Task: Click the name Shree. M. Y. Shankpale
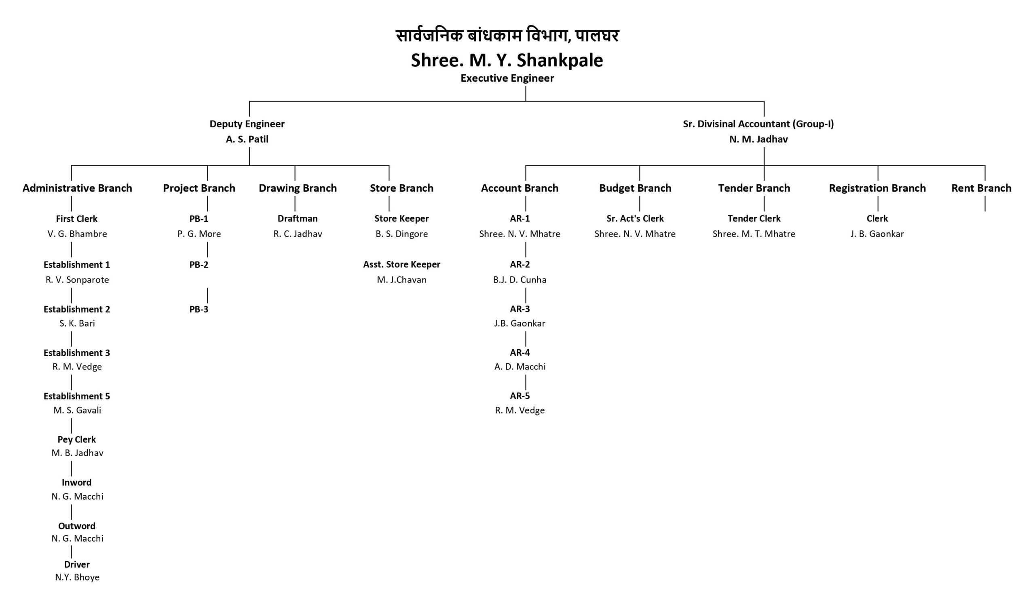(507, 60)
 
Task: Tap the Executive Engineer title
(507, 78)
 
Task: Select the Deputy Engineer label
(247, 124)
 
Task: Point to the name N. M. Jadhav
(758, 139)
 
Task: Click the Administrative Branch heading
(77, 188)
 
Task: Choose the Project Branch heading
(199, 188)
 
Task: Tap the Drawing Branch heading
(298, 188)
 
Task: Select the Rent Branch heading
(981, 188)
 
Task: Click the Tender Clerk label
(754, 218)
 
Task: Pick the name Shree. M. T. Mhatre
(754, 234)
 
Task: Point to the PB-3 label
(199, 309)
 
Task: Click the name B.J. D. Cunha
(520, 280)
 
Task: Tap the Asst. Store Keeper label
(401, 264)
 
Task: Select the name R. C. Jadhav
(298, 234)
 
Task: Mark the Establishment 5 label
(77, 396)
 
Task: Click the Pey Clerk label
(77, 440)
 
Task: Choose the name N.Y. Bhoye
(77, 577)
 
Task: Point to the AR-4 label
(520, 352)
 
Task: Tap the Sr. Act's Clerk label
(635, 218)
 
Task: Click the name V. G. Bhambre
(77, 234)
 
